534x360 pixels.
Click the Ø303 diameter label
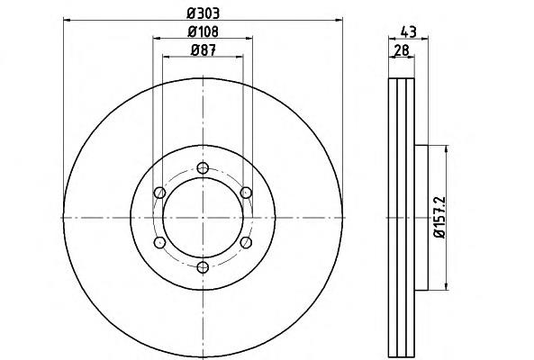tap(203, 13)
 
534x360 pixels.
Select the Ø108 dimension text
tap(203, 31)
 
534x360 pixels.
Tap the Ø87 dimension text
tap(204, 50)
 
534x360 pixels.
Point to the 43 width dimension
tap(408, 32)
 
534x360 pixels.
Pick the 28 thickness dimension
tap(402, 50)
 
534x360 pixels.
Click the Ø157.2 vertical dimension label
tap(439, 218)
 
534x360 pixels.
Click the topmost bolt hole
tap(203, 168)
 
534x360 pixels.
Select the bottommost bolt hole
tap(203, 267)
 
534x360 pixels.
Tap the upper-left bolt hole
tap(159, 193)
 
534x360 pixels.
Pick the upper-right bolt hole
tap(246, 193)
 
